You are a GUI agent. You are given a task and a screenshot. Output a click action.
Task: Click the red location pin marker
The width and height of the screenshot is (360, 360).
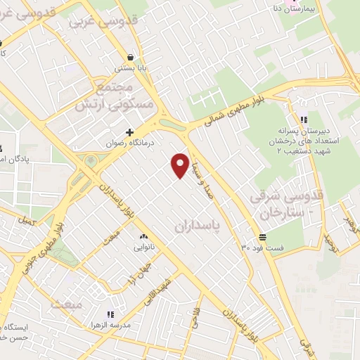(180, 165)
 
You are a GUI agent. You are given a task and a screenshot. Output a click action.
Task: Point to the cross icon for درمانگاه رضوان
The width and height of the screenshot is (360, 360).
(129, 131)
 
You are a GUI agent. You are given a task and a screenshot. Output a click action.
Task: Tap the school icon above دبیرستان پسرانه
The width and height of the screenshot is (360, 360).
(304, 120)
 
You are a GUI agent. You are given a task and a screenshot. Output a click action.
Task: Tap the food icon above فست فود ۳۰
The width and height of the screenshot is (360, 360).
(262, 237)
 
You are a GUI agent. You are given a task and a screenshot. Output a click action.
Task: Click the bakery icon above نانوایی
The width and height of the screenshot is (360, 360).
(143, 237)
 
